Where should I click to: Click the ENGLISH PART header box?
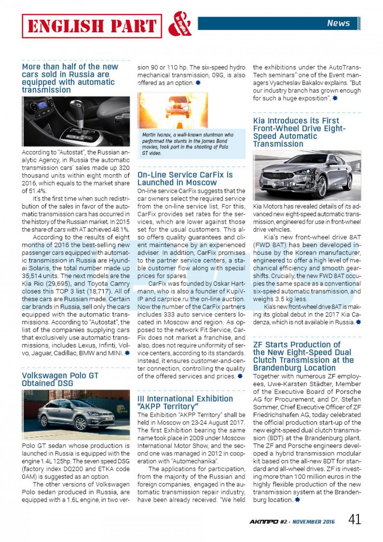(92, 26)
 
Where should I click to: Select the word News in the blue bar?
(338, 23)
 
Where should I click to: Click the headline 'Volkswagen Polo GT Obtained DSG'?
(60, 379)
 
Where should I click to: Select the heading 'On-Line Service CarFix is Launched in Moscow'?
(185, 179)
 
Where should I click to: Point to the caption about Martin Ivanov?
(188, 144)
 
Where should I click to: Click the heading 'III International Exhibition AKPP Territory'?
(185, 402)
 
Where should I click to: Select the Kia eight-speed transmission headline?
(299, 132)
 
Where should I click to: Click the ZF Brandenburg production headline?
(303, 356)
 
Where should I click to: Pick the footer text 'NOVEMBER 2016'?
(314, 522)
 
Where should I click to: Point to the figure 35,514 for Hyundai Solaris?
(33, 276)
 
